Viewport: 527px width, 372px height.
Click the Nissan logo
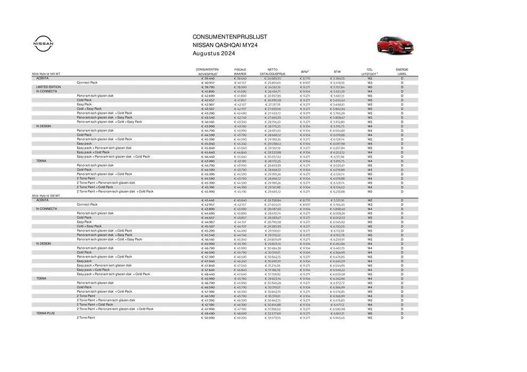pos(44,44)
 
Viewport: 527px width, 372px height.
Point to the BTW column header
pos(337,71)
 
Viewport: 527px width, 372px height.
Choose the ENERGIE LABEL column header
pos(402,71)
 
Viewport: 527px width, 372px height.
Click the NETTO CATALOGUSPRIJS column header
pos(272,71)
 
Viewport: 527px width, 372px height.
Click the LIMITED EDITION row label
pos(48,87)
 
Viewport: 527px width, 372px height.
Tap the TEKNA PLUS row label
pos(46,313)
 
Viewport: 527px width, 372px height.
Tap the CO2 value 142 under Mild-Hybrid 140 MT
pos(370,78)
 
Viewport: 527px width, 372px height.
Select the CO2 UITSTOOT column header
pos(370,71)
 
